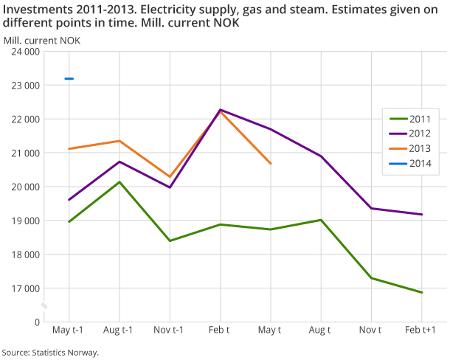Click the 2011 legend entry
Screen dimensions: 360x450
413,119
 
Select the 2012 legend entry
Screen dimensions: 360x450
413,135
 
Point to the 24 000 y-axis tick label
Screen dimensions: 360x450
25,52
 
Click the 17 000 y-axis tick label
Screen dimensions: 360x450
25,288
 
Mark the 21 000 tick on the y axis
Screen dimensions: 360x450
25,153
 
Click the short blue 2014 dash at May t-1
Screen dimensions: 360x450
69,78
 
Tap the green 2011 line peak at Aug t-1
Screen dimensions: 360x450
120,181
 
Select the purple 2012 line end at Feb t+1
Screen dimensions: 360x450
422,215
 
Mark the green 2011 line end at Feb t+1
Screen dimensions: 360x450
422,293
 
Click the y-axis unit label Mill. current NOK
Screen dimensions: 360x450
42,39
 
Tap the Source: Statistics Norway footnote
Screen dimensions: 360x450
50,352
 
